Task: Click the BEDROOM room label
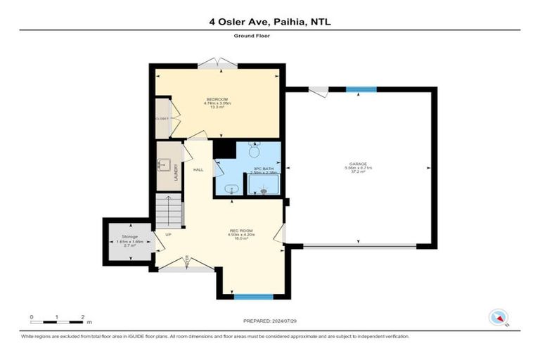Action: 217,98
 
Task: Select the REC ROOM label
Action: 240,231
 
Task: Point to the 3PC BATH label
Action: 263,169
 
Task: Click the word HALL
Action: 199,169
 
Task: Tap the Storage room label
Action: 129,237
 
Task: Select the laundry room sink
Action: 164,165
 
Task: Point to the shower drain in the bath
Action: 264,191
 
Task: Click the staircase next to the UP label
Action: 169,210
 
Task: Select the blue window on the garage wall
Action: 361,89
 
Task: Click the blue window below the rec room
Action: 253,297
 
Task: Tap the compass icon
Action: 499,317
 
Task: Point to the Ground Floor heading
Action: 269,37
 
